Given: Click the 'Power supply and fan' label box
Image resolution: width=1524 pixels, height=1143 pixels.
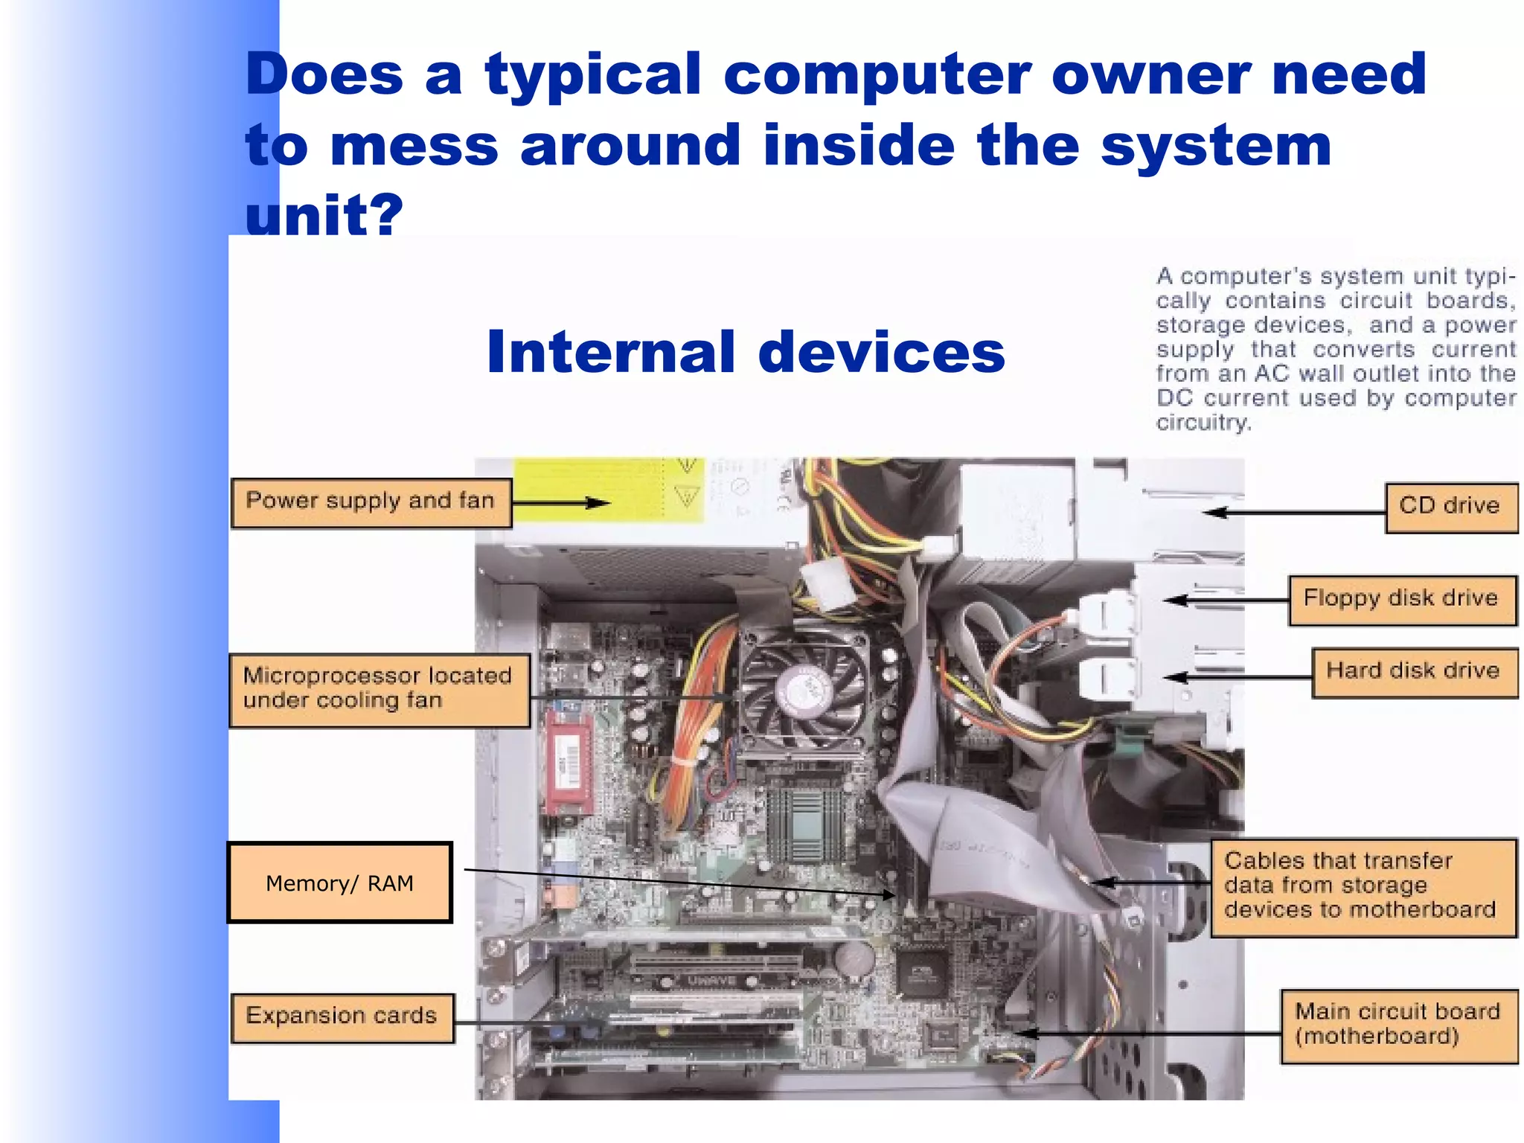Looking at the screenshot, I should click(x=371, y=503).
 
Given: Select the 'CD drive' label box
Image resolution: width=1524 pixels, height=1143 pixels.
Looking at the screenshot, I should click(x=1450, y=508).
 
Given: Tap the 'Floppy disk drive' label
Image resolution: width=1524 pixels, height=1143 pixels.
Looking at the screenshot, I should click(x=1401, y=600).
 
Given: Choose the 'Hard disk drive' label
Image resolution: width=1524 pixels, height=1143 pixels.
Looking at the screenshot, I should click(x=1413, y=672).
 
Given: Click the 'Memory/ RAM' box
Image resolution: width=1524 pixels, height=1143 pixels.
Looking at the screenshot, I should click(x=340, y=883).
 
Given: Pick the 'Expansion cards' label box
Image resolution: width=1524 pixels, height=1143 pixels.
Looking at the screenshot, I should click(x=342, y=1017).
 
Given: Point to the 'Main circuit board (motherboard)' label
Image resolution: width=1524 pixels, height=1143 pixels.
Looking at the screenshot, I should click(x=1397, y=1025).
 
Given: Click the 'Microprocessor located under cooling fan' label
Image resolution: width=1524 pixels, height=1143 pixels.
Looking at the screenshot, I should click(x=379, y=690).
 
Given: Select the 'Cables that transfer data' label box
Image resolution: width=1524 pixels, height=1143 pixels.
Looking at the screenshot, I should click(x=1362, y=886).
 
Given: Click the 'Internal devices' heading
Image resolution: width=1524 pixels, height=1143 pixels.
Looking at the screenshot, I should click(x=746, y=352).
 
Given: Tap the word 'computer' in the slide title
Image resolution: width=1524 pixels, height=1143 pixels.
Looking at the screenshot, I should click(x=877, y=74).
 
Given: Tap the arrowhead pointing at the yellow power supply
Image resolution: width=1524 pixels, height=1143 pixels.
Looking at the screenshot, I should click(x=601, y=503).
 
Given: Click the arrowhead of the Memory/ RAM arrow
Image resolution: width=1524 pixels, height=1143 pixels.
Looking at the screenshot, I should click(x=889, y=894).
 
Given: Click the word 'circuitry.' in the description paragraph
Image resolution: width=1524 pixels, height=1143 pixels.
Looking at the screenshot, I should click(x=1203, y=423).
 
